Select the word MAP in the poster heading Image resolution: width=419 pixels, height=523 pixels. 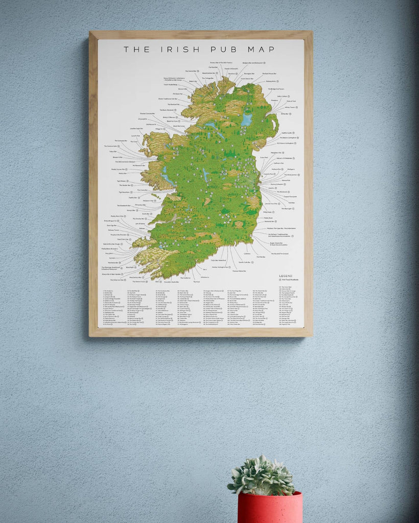[260, 50]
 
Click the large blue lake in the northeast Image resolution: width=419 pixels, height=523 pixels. [247, 120]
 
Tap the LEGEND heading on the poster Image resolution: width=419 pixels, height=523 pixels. [286, 276]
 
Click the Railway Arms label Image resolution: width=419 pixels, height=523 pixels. [270, 81]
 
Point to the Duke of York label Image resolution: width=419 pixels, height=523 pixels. [285, 102]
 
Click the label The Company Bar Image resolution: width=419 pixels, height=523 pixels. [121, 140]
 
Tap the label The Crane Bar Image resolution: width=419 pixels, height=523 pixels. [142, 189]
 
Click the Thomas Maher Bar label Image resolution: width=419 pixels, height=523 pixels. [242, 271]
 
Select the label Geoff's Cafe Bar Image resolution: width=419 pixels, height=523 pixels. [244, 263]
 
